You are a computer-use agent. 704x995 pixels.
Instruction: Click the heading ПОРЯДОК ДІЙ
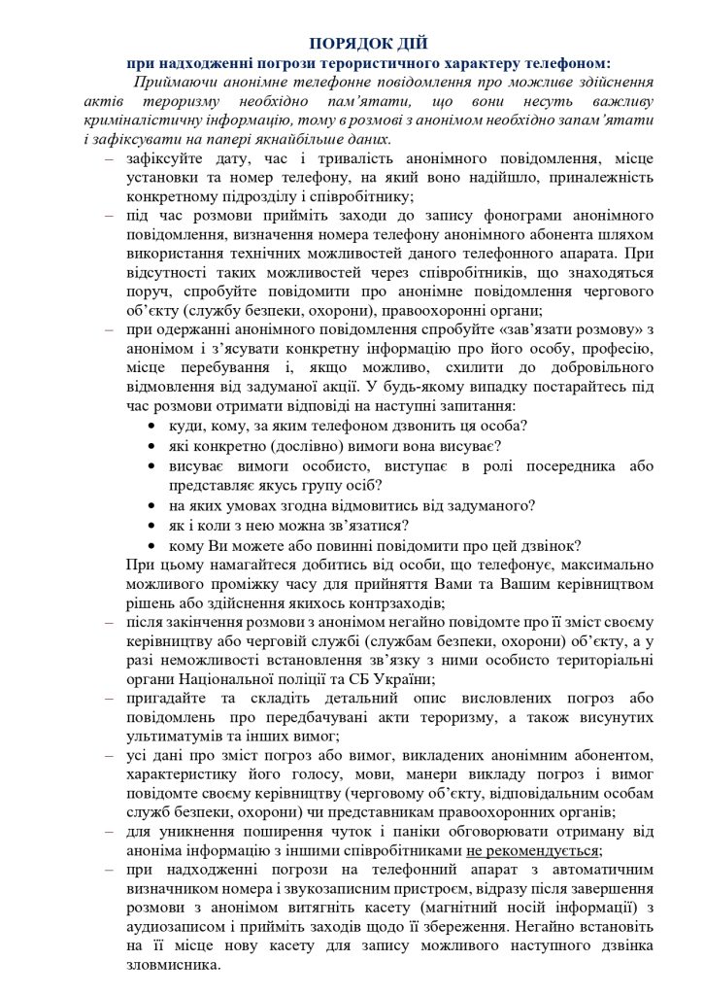coord(367,43)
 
